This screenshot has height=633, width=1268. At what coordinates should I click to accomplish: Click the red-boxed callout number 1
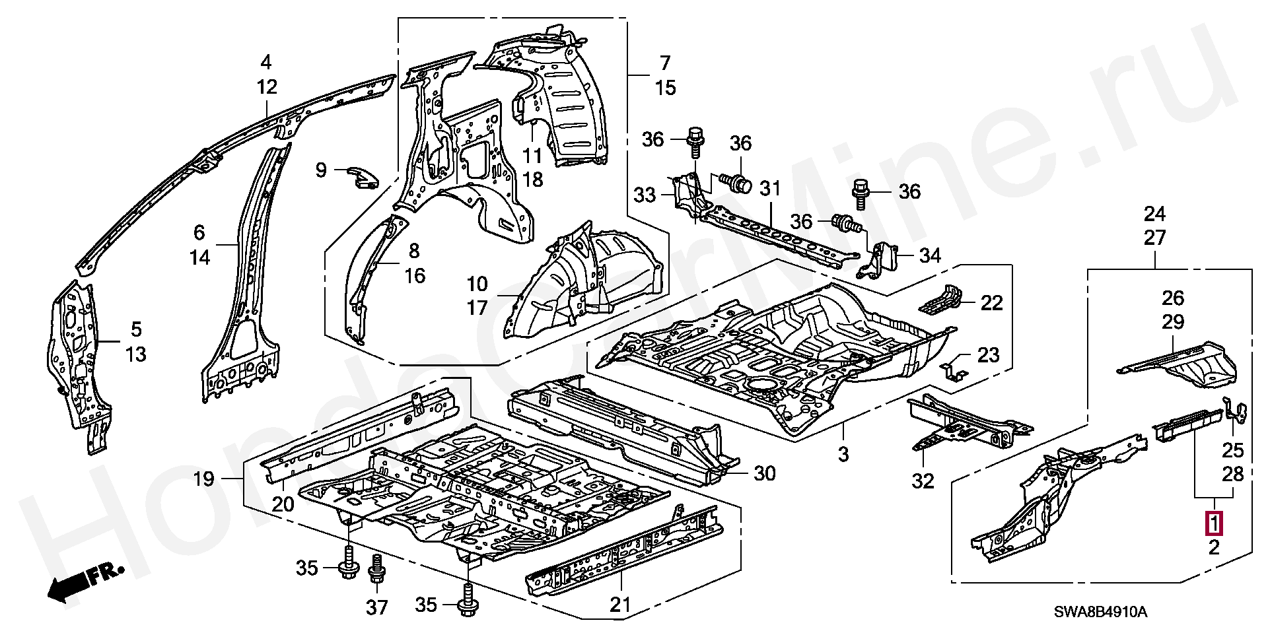click(x=1214, y=523)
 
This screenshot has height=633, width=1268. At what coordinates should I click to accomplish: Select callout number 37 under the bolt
click(x=377, y=607)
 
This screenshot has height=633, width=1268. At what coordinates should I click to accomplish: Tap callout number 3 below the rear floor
click(x=843, y=454)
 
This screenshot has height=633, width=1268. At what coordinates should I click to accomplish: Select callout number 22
click(x=991, y=303)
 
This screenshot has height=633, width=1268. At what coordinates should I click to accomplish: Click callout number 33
click(x=645, y=195)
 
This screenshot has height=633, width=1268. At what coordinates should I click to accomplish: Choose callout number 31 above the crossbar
click(x=770, y=189)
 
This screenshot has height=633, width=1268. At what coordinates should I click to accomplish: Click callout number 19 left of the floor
click(x=204, y=479)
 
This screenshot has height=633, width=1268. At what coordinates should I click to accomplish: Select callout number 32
click(x=923, y=481)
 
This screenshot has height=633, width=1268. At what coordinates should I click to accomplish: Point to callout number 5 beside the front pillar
click(x=135, y=329)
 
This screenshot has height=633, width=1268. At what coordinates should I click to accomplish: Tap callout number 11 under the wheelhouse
click(x=532, y=156)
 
